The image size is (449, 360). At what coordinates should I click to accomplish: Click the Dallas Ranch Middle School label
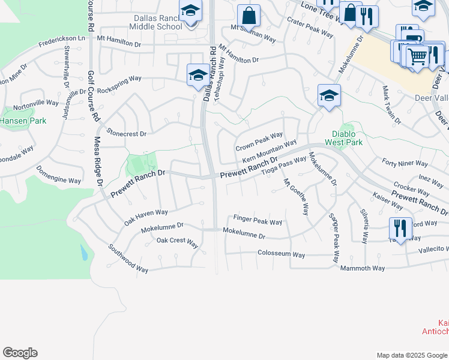tap(157, 22)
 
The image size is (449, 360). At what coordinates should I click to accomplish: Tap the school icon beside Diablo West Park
tap(329, 95)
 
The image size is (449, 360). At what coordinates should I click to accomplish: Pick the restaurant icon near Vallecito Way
tap(400, 228)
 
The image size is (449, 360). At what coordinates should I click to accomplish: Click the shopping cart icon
tap(417, 57)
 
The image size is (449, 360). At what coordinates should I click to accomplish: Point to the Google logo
tap(20, 353)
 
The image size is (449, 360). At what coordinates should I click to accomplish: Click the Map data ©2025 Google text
tap(411, 355)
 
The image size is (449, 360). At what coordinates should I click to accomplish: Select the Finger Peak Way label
tap(258, 221)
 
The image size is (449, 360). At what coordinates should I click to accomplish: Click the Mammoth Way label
tap(362, 268)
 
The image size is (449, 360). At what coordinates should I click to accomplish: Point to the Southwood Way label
tap(128, 258)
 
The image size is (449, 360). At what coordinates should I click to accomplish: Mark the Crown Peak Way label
tap(259, 142)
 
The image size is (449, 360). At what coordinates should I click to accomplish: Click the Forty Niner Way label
tap(405, 163)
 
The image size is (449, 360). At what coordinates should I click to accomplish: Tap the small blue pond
tap(83, 253)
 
